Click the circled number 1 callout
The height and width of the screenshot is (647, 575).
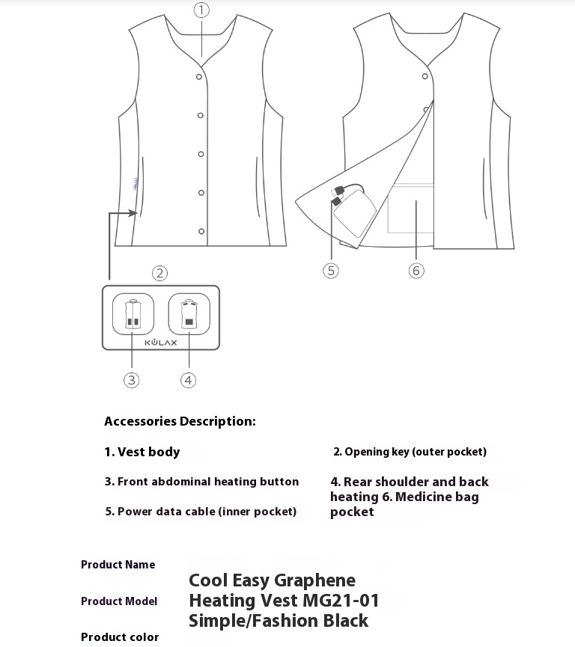201,10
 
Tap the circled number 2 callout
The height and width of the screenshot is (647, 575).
159,273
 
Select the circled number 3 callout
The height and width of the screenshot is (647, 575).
132,380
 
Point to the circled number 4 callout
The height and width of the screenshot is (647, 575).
189,380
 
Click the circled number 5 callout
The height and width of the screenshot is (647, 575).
331,270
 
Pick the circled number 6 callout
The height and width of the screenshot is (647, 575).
417,270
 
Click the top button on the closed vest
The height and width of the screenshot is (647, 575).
200,76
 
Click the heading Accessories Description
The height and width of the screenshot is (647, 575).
180,421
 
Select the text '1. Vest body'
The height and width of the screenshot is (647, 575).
142,452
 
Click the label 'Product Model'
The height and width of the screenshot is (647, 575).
119,601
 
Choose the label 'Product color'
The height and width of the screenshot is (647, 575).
120,637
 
